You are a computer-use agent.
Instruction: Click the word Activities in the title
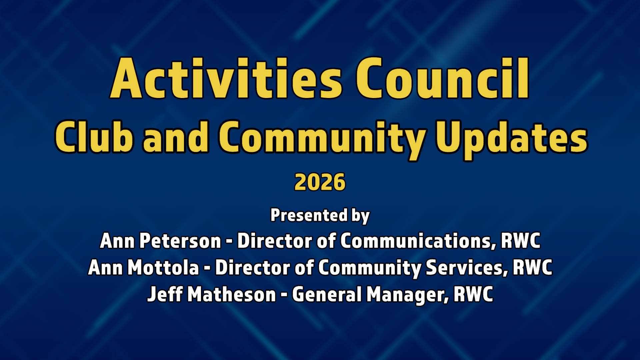(226, 78)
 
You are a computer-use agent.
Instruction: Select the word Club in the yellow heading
(94, 137)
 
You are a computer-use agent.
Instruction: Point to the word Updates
(512, 140)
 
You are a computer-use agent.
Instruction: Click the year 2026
(320, 182)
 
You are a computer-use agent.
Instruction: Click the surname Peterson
(180, 241)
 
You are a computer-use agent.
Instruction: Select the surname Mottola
(163, 267)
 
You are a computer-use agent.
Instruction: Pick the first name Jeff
(165, 294)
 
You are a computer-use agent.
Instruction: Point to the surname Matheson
(232, 294)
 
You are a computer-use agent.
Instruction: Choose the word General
(327, 294)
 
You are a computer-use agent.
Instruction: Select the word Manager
(408, 295)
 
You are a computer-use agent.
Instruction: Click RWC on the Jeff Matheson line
(473, 294)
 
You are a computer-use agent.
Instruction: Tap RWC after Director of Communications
(521, 241)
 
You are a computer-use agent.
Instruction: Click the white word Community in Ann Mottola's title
(370, 268)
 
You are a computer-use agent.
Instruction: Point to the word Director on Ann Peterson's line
(275, 241)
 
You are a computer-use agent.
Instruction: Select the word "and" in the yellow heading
(176, 137)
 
